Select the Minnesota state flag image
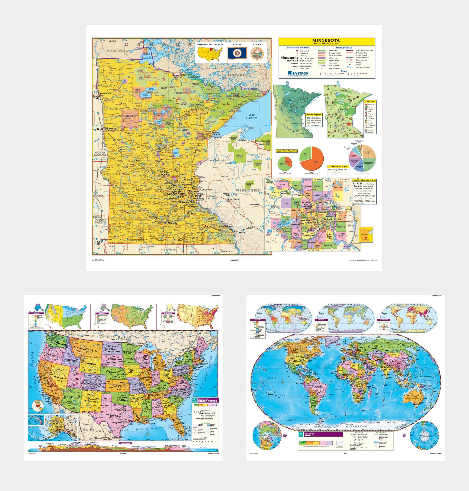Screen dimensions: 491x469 (237, 53)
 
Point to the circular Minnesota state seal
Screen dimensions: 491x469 (257, 53)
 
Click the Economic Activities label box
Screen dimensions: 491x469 (338, 166)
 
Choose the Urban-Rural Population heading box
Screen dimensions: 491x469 (287, 151)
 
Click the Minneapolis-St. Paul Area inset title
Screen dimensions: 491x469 (364, 180)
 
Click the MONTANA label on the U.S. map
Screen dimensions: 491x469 (86, 349)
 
